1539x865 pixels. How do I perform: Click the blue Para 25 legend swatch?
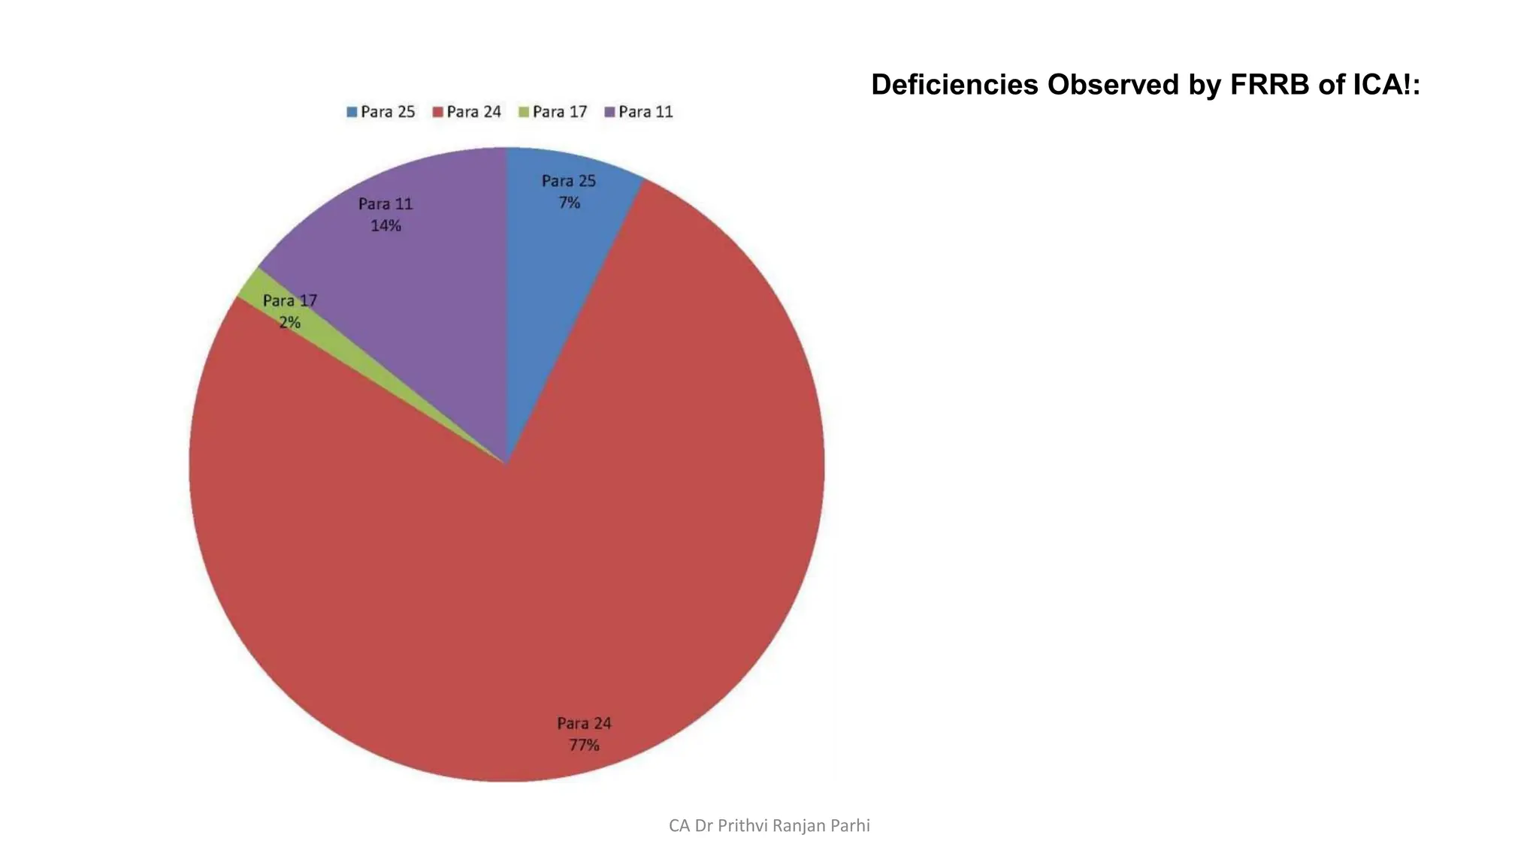pos(352,113)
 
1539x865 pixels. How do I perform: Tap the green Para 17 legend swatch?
pos(524,113)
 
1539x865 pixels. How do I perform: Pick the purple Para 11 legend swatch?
pos(610,113)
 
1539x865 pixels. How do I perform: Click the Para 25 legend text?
pos(388,112)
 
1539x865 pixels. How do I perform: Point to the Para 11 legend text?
pos(646,112)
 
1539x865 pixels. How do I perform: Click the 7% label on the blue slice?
pos(569,203)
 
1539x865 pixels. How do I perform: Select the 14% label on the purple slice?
pos(386,226)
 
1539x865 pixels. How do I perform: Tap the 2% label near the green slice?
pos(290,323)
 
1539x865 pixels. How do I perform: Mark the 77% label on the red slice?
pos(584,746)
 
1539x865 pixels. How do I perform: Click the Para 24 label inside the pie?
pos(584,724)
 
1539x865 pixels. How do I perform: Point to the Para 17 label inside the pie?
pos(290,301)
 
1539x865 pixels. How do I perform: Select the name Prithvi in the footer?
pos(744,826)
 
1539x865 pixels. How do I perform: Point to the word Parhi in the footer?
pos(849,826)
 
